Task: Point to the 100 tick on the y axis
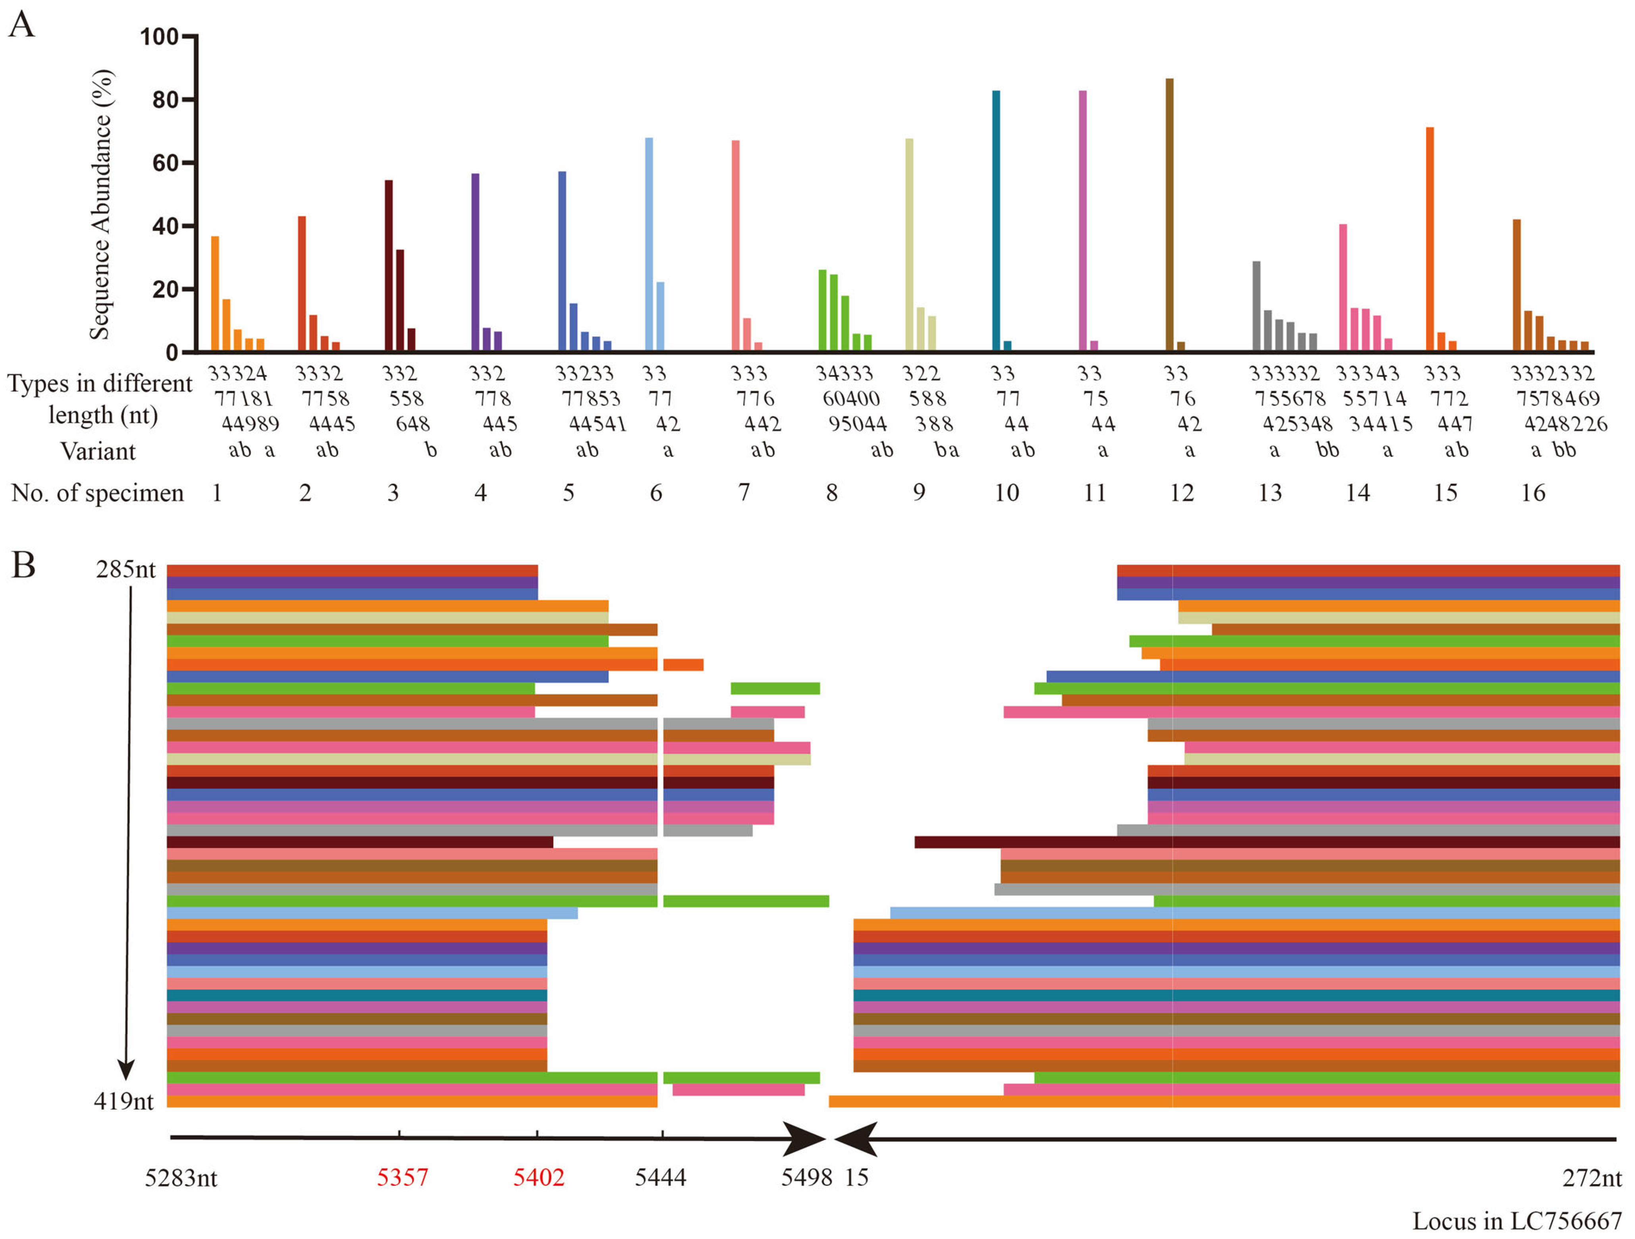pyautogui.click(x=159, y=37)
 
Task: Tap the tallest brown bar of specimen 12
pyautogui.click(x=1169, y=214)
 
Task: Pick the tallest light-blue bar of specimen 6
pyautogui.click(x=649, y=244)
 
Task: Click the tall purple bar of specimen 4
pyautogui.click(x=475, y=262)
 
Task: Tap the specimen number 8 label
pyautogui.click(x=831, y=493)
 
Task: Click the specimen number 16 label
pyautogui.click(x=1533, y=493)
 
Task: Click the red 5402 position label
pyautogui.click(x=539, y=1177)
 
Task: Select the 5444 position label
pyautogui.click(x=661, y=1177)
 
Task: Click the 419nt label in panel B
pyautogui.click(x=123, y=1102)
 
